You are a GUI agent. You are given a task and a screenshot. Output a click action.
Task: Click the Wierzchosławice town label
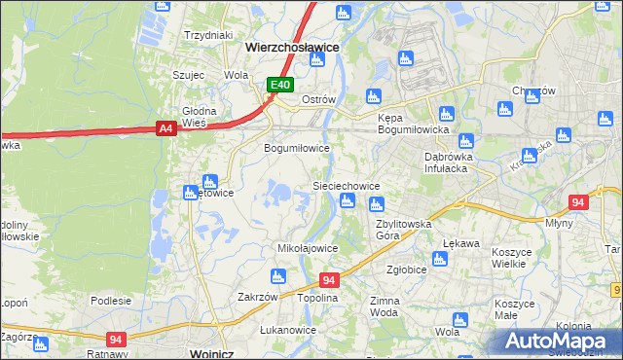click(292, 46)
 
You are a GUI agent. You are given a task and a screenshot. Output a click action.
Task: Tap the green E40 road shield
click(280, 86)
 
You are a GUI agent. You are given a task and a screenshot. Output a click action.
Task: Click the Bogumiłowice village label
click(298, 149)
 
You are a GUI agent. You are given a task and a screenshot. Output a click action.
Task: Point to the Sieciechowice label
click(345, 185)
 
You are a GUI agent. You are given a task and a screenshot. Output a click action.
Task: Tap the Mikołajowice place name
click(308, 248)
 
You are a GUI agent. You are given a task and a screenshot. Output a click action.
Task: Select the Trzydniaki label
click(207, 35)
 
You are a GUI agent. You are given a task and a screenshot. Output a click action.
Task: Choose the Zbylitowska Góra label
click(403, 230)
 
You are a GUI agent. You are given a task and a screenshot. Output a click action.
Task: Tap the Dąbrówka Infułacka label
click(448, 162)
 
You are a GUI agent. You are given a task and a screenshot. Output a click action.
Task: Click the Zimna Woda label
click(385, 307)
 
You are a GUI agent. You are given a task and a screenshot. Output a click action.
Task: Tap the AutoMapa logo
click(559, 341)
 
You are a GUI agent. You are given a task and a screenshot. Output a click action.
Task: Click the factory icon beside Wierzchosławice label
click(316, 60)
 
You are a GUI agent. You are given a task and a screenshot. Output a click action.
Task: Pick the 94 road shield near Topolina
click(328, 280)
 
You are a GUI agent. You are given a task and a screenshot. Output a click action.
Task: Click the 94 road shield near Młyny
click(578, 202)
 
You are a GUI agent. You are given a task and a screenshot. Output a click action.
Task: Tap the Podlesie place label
click(110, 301)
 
